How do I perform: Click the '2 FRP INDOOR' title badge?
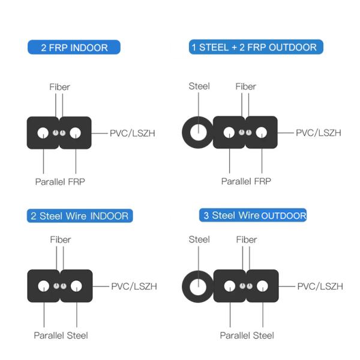point(74,47)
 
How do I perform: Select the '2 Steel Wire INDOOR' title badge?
point(80,215)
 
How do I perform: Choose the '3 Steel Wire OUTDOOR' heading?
point(254,215)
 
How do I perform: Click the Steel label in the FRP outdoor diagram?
point(199,86)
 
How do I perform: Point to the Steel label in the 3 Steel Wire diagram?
point(199,239)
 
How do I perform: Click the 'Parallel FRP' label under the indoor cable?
point(60,181)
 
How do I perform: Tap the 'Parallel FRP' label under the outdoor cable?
point(246,181)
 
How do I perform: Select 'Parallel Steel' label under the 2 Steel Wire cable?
point(61,335)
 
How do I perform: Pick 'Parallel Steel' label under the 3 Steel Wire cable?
point(247,335)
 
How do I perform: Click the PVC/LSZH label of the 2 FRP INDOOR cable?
point(132,133)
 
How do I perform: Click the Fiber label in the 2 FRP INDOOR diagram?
point(59,87)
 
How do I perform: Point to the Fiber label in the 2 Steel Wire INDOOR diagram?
point(60,239)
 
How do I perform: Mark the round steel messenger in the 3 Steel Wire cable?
point(197,286)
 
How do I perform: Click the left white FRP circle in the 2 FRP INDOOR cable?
point(43,133)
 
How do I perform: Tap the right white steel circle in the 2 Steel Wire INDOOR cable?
point(76,286)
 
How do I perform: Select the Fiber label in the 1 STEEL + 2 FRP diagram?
point(246,86)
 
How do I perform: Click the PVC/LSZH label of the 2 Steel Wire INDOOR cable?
point(134,287)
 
